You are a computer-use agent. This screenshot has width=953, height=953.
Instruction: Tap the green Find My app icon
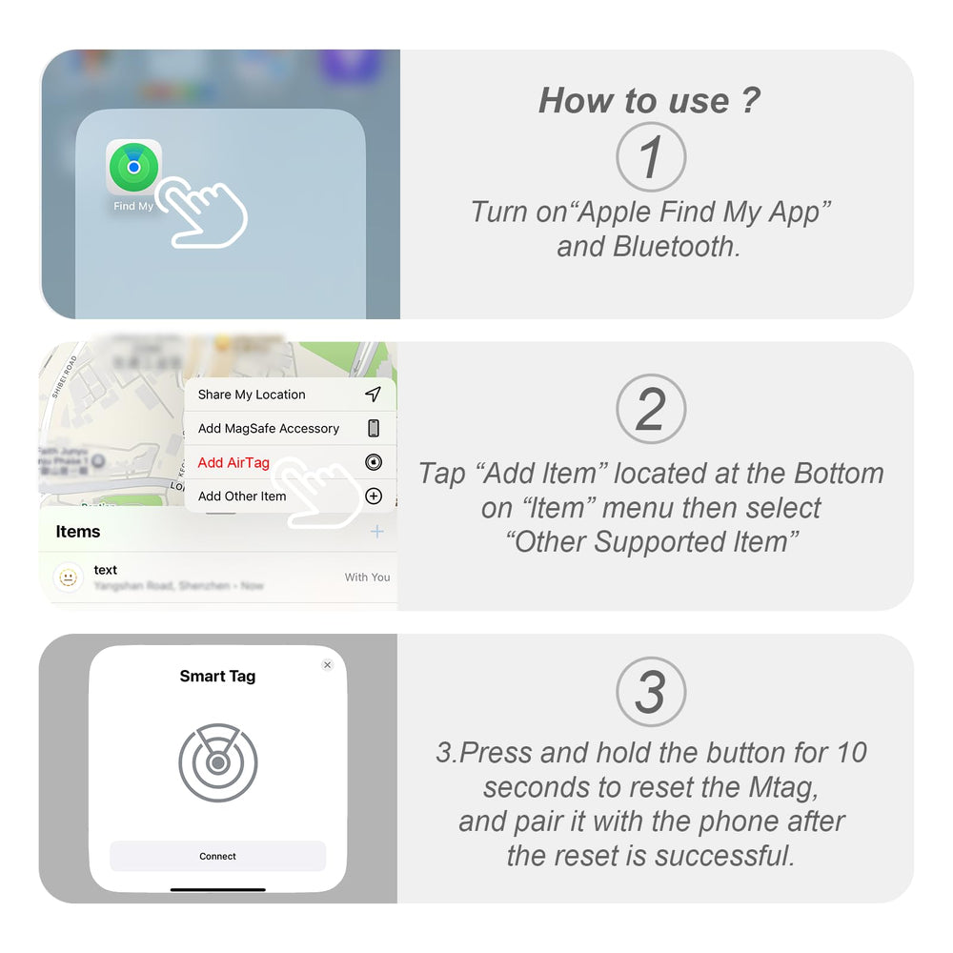point(133,167)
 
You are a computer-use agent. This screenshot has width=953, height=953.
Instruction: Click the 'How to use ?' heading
point(649,100)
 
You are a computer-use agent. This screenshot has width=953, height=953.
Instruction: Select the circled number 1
point(650,157)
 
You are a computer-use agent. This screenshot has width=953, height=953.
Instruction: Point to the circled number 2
point(650,410)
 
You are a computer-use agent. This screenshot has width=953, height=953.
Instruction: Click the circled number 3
point(650,693)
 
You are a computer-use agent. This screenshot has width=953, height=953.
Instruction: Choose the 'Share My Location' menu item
point(252,395)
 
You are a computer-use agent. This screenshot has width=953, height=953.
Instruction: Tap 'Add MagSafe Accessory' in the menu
point(268,429)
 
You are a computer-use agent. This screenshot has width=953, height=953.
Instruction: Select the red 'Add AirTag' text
point(233,463)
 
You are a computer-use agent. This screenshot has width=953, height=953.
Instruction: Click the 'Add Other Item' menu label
point(242,497)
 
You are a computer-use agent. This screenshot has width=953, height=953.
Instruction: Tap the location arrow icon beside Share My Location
point(373,395)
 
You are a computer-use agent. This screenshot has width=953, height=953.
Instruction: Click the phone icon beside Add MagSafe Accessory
point(374,429)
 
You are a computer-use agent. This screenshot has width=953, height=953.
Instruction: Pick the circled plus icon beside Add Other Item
point(374,497)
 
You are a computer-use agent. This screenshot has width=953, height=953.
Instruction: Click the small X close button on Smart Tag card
point(327,665)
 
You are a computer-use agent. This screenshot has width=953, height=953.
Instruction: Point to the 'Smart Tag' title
point(217,677)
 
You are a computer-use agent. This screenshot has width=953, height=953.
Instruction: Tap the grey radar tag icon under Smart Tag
point(217,762)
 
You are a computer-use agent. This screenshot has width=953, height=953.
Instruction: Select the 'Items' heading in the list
point(78,532)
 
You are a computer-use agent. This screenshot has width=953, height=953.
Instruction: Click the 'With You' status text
point(367,578)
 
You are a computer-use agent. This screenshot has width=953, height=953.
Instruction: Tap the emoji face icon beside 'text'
point(68,578)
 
